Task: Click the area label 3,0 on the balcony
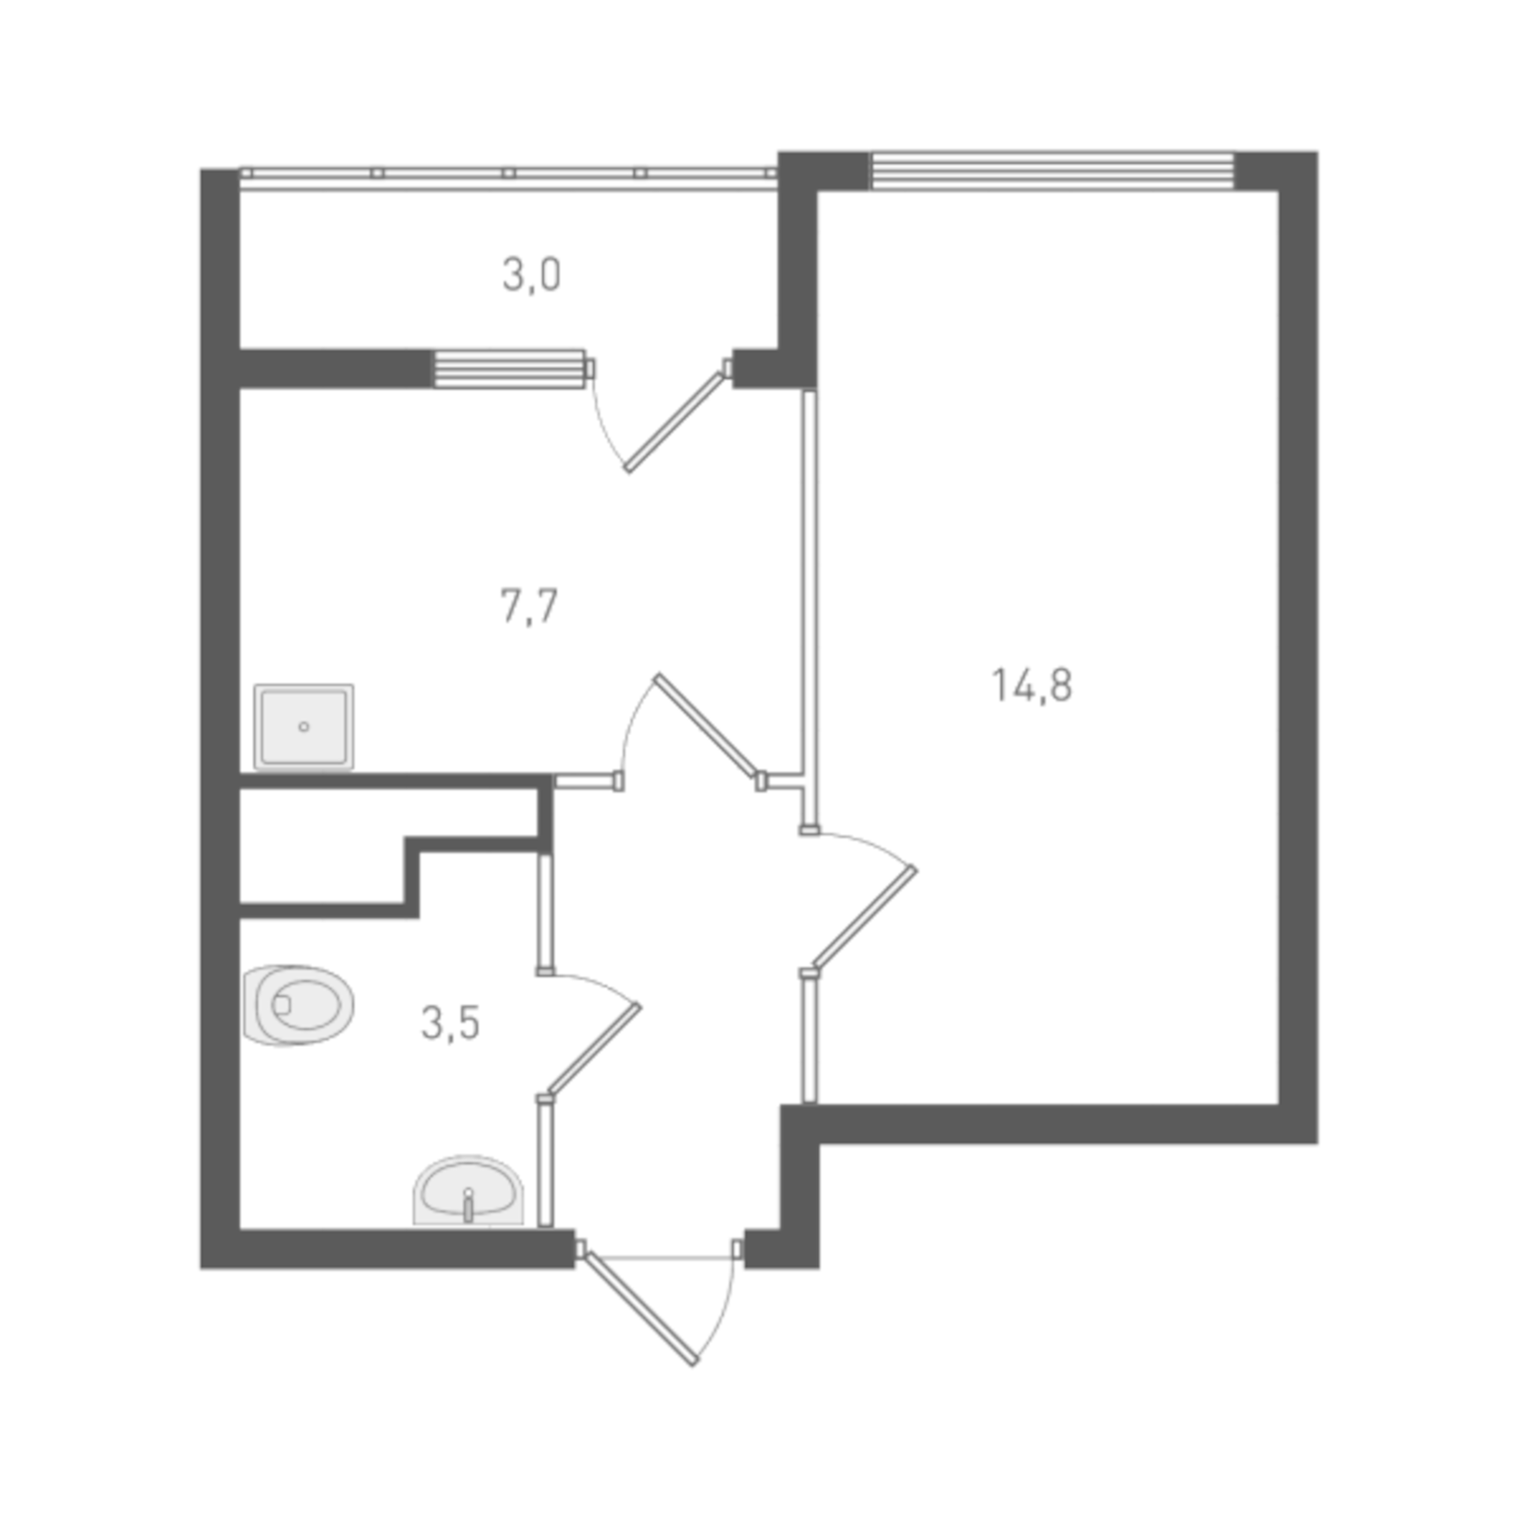[531, 275]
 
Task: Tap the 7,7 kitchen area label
[529, 606]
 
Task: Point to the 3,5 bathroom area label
[450, 1024]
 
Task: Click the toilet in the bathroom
[299, 1005]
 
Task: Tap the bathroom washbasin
[468, 1191]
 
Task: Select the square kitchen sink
[304, 727]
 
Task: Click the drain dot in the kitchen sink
[304, 727]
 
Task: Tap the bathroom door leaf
[594, 1049]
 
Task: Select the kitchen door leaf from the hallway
[706, 725]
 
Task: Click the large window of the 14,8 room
[1051, 171]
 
